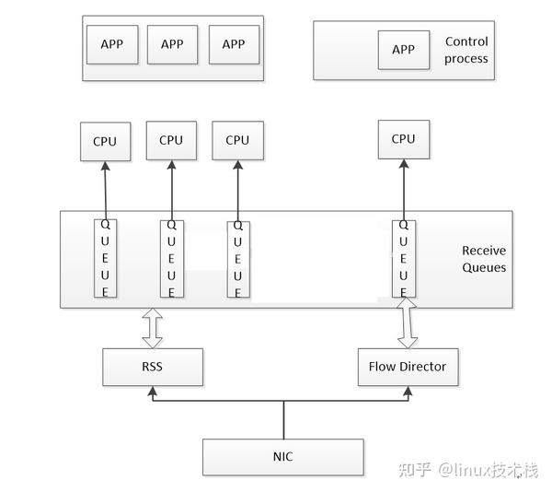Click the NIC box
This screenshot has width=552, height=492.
[x=282, y=456]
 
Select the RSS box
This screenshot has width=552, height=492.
[x=152, y=367]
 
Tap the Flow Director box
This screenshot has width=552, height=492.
[x=407, y=367]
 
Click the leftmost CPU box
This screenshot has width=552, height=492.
[x=105, y=141]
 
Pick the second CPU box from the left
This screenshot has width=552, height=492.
[x=171, y=140]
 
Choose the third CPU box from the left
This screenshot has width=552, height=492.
[x=237, y=140]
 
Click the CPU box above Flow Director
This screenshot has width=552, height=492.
[x=403, y=139]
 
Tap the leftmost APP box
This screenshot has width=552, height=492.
[x=111, y=44]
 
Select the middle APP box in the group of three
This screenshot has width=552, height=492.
[x=172, y=44]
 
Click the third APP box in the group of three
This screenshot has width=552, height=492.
[x=234, y=44]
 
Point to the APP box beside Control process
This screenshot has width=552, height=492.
[x=403, y=50]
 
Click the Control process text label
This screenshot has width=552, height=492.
[x=466, y=50]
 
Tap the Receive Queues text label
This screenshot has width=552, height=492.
[x=484, y=259]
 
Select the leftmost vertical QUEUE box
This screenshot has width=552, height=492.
[x=106, y=258]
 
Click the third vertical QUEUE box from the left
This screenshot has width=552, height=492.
[x=237, y=258]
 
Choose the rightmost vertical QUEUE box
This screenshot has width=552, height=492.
[x=403, y=258]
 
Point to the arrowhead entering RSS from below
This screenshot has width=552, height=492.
[x=152, y=393]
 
